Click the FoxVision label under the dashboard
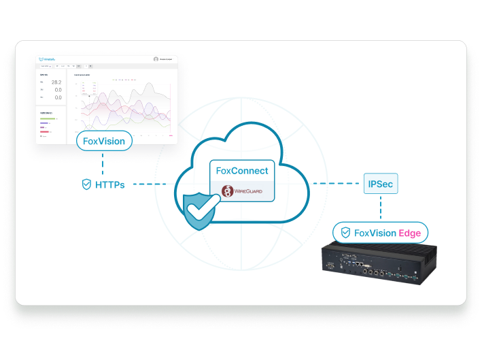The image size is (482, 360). [104, 142]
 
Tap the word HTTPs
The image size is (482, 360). [109, 184]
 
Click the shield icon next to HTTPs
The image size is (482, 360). [86, 184]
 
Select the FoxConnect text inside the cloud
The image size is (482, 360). [241, 171]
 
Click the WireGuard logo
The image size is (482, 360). [242, 191]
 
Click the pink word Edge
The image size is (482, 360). [410, 233]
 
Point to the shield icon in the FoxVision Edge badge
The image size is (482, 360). [345, 233]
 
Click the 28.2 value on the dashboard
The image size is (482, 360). [56, 82]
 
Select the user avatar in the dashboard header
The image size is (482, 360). [156, 59]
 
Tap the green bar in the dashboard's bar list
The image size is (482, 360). [48, 118]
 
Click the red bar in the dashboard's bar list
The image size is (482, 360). [45, 131]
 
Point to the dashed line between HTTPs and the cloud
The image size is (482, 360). [150, 184]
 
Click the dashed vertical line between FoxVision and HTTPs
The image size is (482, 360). [104, 163]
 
